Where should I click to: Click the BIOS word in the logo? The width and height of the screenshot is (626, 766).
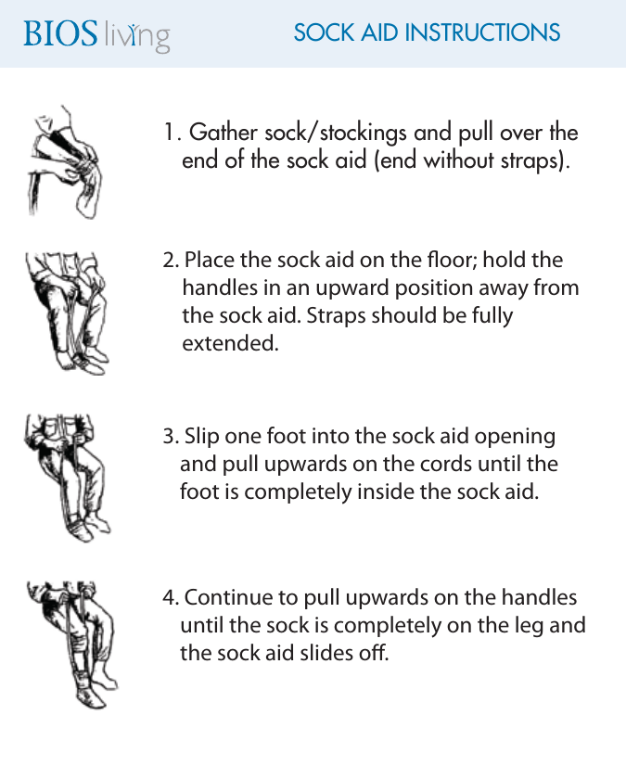60,33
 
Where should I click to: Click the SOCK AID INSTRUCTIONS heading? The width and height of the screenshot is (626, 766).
427,32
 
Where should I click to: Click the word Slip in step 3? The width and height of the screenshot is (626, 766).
202,436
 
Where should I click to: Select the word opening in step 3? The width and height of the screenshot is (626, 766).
515,437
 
